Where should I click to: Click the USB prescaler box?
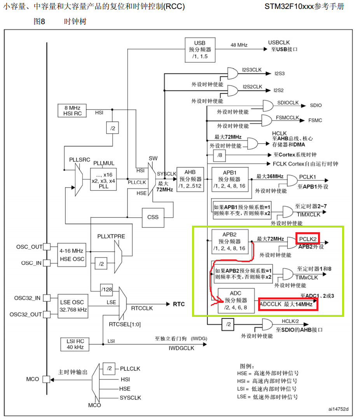pos(200,49)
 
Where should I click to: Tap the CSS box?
pos(153,217)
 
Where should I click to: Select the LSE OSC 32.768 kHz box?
pos(72,306)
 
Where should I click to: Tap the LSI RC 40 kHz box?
pos(72,344)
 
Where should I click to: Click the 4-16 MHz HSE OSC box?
pos(72,255)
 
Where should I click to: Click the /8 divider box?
pos(219,156)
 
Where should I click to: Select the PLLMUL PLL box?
pos(103,179)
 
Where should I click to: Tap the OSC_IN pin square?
pos(47,263)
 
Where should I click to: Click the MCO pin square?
pos(47,379)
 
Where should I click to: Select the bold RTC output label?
pos(179,304)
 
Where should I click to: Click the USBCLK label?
pos(279,42)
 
